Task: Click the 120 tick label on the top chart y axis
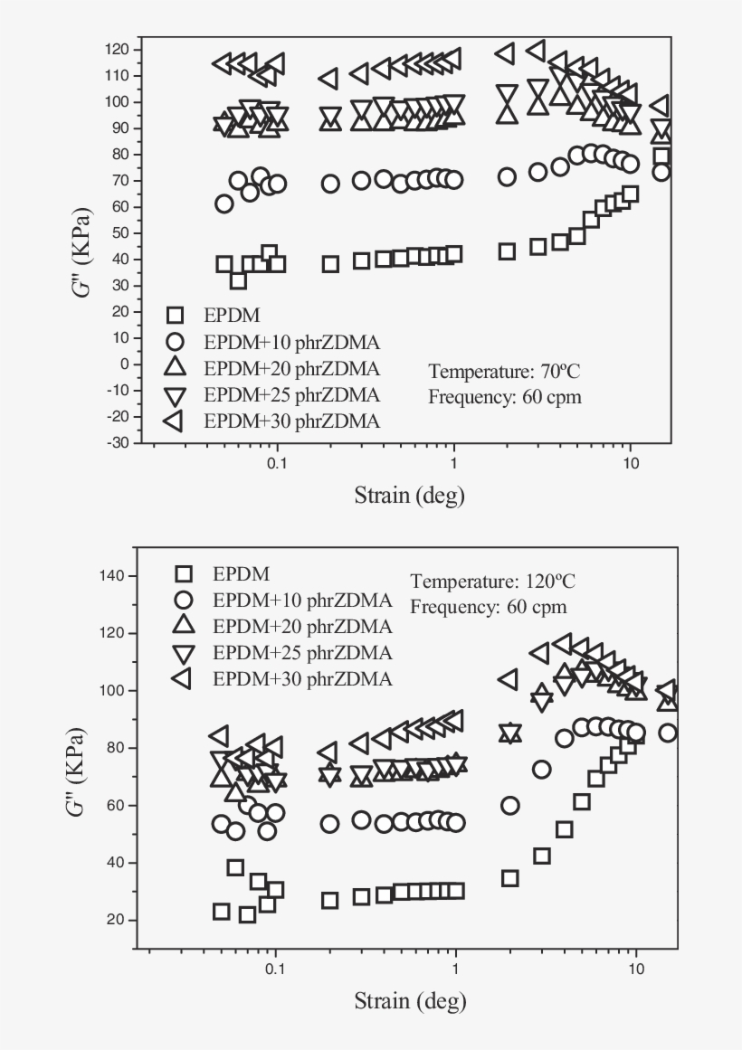(117, 48)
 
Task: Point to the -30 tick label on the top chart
(117, 443)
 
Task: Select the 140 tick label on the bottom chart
(117, 576)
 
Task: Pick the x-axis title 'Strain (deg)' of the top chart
(409, 495)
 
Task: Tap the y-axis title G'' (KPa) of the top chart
(85, 245)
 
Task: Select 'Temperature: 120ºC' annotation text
(492, 581)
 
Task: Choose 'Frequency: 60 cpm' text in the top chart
(505, 396)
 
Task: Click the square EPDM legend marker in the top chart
(175, 315)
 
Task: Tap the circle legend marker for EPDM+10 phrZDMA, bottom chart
(185, 600)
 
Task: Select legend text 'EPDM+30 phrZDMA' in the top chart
(291, 421)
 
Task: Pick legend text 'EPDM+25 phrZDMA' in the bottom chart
(302, 653)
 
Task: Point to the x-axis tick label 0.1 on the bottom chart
(274, 968)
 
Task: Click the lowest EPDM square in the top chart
(238, 281)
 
